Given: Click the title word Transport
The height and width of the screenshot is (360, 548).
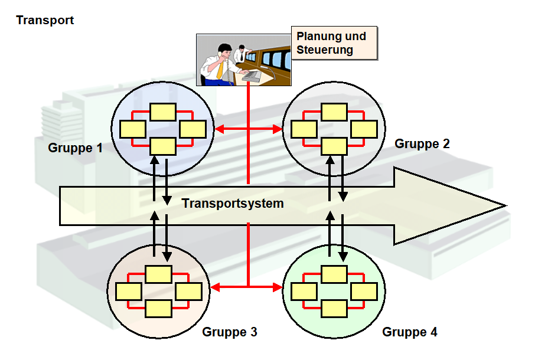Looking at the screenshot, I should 45,20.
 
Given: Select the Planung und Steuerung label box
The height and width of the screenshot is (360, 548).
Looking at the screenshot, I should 334,43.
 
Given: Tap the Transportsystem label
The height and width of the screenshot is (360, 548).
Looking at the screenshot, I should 233,204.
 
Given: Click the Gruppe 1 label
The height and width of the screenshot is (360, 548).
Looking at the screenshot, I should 75,148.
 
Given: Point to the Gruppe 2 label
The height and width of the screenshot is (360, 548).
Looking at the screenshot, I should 422,143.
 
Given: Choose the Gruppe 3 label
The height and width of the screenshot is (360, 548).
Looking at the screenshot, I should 230,332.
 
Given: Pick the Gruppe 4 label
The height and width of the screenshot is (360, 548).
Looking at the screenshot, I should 410,332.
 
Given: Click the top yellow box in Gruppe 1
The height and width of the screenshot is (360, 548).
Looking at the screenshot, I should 162,112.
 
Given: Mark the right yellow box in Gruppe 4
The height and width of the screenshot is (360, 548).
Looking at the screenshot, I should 364,291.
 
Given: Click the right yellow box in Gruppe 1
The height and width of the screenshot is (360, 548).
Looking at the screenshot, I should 193,129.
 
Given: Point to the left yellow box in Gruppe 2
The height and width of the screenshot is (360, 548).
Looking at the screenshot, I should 304,129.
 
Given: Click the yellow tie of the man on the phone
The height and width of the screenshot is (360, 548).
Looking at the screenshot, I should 220,70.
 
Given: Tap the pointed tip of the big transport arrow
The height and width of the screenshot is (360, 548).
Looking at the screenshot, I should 505,205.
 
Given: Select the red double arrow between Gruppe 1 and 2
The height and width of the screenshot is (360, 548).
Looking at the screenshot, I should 248,129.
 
